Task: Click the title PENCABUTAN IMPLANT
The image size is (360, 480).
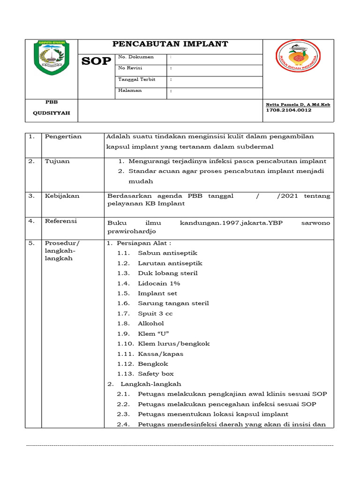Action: point(170,44)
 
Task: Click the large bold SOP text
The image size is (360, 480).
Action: point(97,61)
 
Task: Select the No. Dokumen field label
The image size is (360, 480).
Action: point(136,57)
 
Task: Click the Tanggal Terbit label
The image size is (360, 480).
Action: point(137,79)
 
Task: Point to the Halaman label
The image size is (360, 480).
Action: point(130,90)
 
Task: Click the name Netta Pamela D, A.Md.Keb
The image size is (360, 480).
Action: point(298,104)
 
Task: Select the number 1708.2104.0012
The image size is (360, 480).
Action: point(289,110)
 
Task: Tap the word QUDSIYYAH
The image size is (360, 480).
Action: point(51,113)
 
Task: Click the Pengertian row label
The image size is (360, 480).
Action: point(63,136)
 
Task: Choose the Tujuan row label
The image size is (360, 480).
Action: point(57,161)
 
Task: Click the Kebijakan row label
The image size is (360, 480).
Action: point(62,196)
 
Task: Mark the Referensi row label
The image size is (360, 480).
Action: point(61,221)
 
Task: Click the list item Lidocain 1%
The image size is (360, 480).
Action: point(159,284)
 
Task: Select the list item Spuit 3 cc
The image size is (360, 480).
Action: point(155,314)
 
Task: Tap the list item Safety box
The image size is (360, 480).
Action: point(156,374)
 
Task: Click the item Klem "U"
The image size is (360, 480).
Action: point(153,333)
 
